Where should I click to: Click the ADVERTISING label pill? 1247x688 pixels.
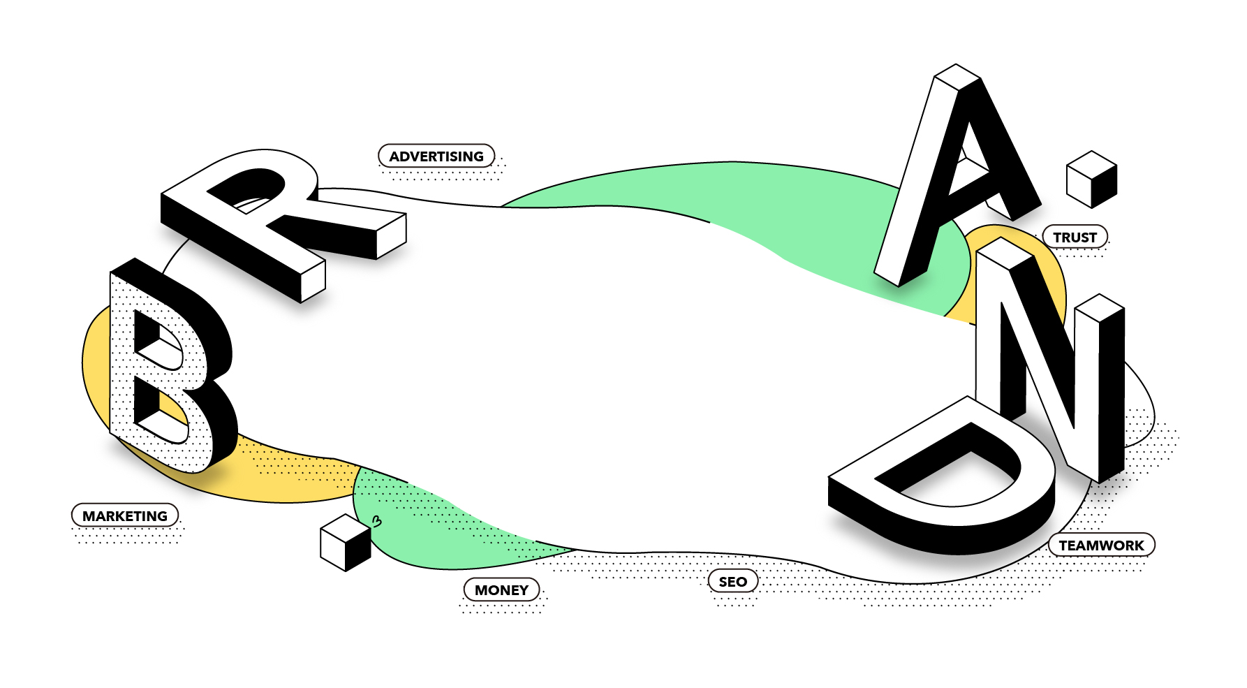coord(436,156)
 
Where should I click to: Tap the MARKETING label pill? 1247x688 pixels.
coord(125,515)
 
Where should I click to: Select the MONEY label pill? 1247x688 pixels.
coord(501,590)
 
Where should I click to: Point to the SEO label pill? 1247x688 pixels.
coord(732,581)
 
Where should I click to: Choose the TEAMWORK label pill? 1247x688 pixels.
coord(1101,545)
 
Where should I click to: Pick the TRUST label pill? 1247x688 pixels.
coord(1075,237)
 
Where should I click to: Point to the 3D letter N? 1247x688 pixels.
coord(1047,349)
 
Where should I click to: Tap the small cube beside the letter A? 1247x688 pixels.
coord(1091,180)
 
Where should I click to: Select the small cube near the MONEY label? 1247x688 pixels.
coord(345,543)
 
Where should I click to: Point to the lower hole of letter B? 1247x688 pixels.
coord(159,412)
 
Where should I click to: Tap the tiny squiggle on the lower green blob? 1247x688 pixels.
coord(377,521)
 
